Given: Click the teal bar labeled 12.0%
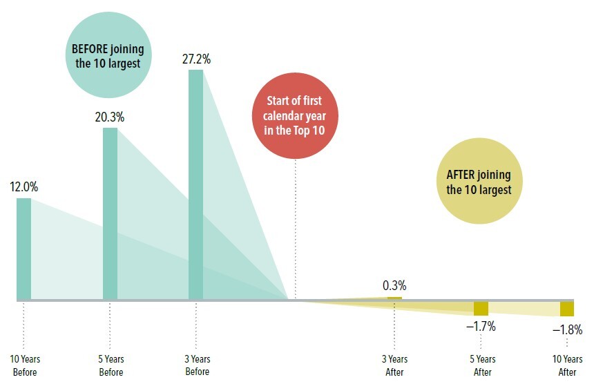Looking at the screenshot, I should click(x=24, y=249).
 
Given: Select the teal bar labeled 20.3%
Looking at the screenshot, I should click(x=110, y=214).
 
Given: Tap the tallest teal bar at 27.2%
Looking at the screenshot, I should click(x=196, y=185).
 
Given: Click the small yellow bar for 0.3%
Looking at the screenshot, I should click(x=394, y=298).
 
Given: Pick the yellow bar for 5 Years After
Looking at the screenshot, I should click(x=481, y=308).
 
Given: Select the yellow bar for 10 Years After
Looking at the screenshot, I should click(x=567, y=309).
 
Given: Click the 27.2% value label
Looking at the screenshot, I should click(x=196, y=59).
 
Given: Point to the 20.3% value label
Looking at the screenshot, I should click(x=110, y=117).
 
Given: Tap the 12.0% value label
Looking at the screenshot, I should click(x=23, y=187).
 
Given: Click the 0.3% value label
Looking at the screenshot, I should click(x=394, y=285).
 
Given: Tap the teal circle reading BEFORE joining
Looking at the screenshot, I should click(x=108, y=56).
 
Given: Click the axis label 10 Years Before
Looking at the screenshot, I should click(x=24, y=365).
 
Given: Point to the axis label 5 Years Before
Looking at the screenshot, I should click(x=111, y=365).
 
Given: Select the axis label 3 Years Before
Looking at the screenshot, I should click(x=197, y=365).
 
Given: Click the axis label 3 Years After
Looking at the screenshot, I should click(x=394, y=365).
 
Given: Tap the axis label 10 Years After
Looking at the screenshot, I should click(x=567, y=365).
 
